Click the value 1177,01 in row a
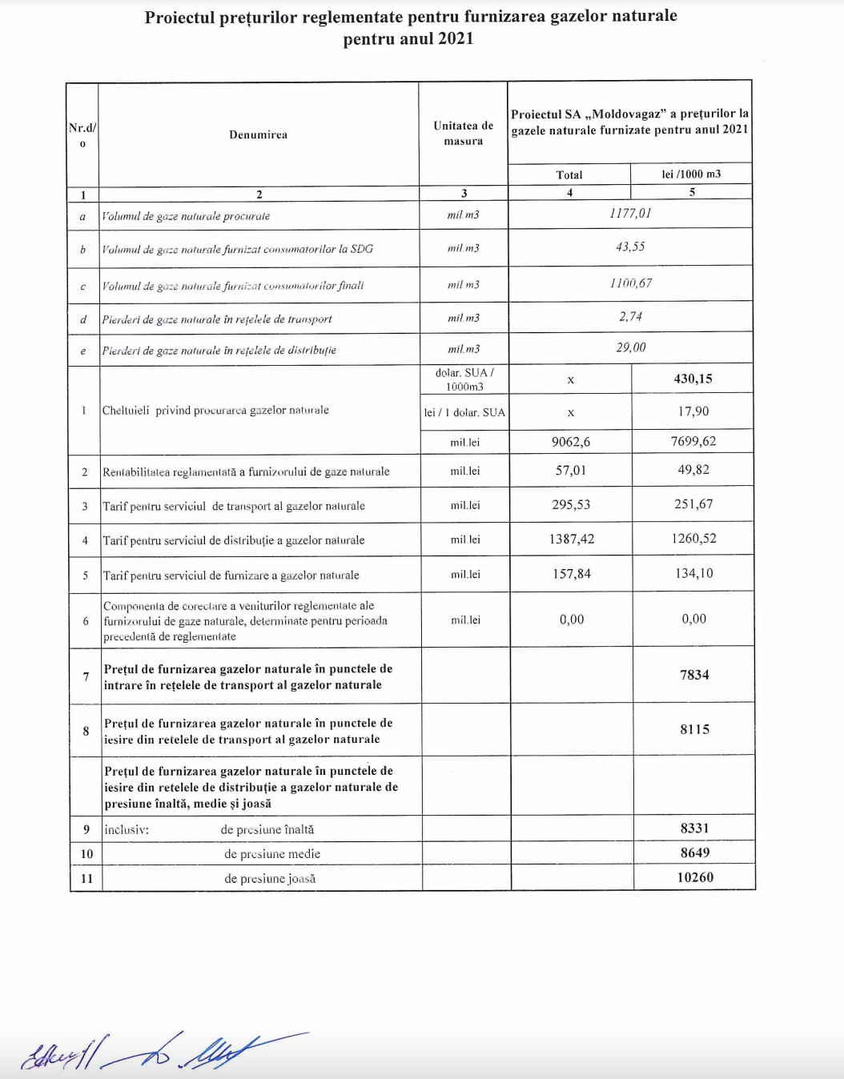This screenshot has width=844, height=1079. pyautogui.click(x=630, y=214)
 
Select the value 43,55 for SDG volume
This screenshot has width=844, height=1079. pyautogui.click(x=630, y=247)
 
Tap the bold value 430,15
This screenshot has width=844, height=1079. pyautogui.click(x=693, y=379)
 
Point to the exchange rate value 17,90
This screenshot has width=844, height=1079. pyautogui.click(x=693, y=411)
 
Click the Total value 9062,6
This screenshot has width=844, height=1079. pyautogui.click(x=571, y=442)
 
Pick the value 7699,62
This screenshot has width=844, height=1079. pyautogui.click(x=693, y=441)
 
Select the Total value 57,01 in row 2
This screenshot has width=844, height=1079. pyautogui.click(x=571, y=471)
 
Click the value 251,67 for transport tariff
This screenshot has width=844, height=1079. pyautogui.click(x=693, y=504)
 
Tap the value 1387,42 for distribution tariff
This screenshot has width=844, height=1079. pyautogui.click(x=572, y=539)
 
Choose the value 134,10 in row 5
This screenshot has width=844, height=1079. pyautogui.click(x=694, y=573)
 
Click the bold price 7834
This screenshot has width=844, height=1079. pyautogui.click(x=694, y=675)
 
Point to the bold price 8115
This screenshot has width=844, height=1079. pyautogui.click(x=694, y=729)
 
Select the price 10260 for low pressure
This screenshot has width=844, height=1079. pyautogui.click(x=695, y=877)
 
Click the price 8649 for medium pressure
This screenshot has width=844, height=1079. pyautogui.click(x=695, y=853)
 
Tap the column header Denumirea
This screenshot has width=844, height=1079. pyautogui.click(x=258, y=134)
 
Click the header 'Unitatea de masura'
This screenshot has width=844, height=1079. pyautogui.click(x=464, y=134)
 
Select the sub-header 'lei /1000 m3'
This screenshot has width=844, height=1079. pyautogui.click(x=691, y=174)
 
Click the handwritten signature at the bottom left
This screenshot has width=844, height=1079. pyautogui.click(x=160, y=1050)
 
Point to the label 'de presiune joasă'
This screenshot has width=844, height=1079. pyautogui.click(x=270, y=879)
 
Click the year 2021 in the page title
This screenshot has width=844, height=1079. pyautogui.click(x=453, y=38)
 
